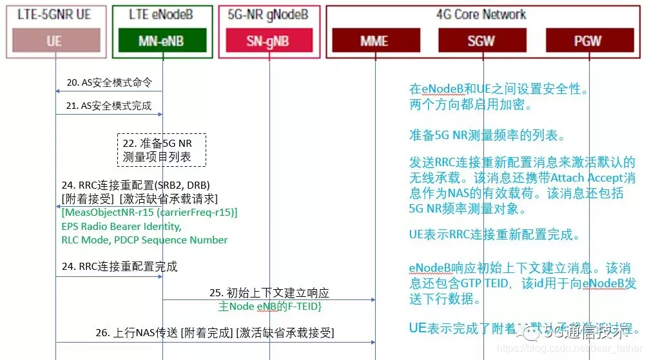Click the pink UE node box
coord(54,41)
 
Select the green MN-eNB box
coord(162,41)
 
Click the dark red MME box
coord(374,41)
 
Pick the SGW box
coord(481,41)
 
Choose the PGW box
coord(588,41)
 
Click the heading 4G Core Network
coord(481,14)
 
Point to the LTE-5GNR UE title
coord(54,14)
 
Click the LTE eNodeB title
coord(162,14)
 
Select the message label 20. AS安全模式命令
coord(109,83)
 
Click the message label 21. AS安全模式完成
coord(109,106)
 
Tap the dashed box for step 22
coord(162,149)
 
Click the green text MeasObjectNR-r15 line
coord(150,212)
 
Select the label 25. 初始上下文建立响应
coord(270,292)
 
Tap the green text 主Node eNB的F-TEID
coord(270,305)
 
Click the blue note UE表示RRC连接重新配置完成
coord(495,235)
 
